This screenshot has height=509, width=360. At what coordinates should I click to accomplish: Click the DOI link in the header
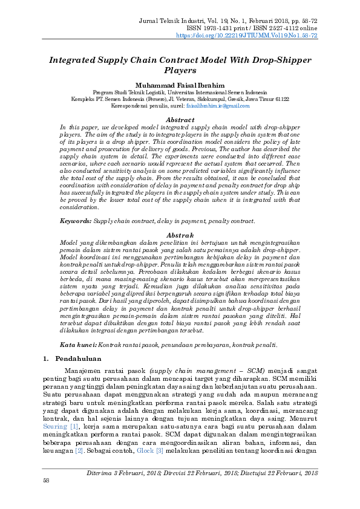click(246, 36)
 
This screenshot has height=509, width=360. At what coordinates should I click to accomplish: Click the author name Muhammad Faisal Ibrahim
click(180, 86)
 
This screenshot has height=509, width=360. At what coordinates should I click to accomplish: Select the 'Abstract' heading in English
click(180, 120)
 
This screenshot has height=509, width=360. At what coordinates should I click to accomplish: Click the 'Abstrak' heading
click(180, 235)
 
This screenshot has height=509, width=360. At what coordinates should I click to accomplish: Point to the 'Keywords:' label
click(75, 222)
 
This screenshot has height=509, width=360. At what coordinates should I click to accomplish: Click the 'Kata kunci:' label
click(77, 345)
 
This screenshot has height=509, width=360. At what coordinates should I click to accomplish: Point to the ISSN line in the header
click(260, 28)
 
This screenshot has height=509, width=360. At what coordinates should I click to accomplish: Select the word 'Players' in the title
click(180, 71)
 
